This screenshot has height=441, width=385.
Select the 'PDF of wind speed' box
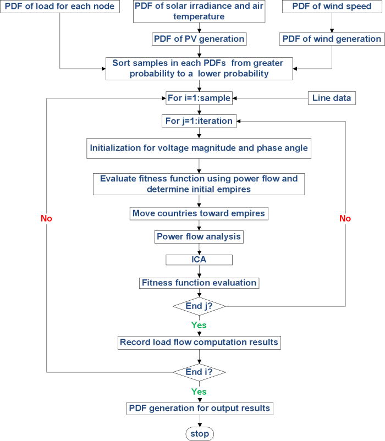[x=332, y=8]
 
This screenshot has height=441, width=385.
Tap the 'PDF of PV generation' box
[x=199, y=39]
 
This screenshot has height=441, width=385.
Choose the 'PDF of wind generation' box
[x=332, y=39]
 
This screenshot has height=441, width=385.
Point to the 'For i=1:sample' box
[x=199, y=99]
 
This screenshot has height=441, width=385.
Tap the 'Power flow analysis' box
[x=199, y=237]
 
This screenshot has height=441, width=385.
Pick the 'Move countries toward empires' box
[x=199, y=213]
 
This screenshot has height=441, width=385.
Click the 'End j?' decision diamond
[x=199, y=306]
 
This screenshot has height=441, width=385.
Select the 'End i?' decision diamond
[x=199, y=372]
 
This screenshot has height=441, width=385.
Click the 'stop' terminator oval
[x=199, y=433]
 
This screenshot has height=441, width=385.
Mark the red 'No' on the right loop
[x=345, y=218]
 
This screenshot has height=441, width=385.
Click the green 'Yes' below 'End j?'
[x=199, y=325]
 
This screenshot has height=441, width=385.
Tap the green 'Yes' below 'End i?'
[x=199, y=392]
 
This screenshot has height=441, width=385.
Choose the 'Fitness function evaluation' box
[x=199, y=283]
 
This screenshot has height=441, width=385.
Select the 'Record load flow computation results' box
[x=199, y=343]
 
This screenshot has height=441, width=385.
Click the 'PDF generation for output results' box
[x=199, y=409]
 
